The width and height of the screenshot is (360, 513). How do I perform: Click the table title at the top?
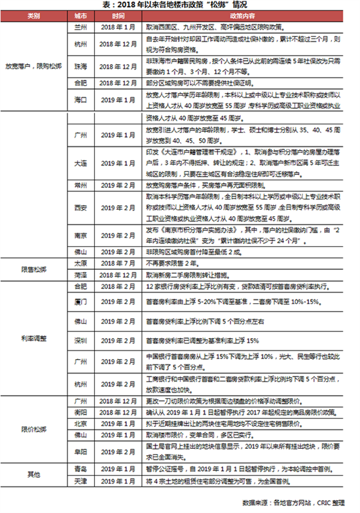pyautogui.click(x=179, y=6)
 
